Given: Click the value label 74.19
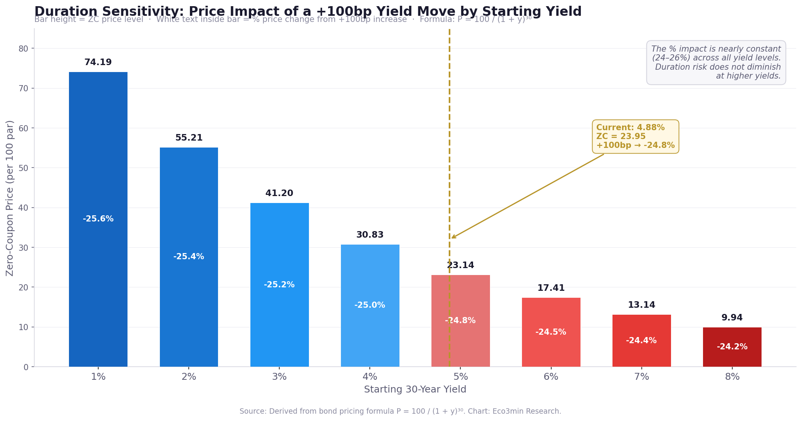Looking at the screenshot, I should [98, 62].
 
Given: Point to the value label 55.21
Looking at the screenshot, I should [189, 138].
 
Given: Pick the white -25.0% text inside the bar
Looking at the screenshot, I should [370, 305].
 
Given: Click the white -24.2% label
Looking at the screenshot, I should [732, 347].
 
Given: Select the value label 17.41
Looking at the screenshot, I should [551, 288].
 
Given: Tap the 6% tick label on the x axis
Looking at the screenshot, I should [551, 377].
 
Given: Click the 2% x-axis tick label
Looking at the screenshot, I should [189, 377].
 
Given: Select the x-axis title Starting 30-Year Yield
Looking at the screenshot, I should [415, 389].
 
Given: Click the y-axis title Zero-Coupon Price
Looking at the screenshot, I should [10, 198].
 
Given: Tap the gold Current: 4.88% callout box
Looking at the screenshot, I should [635, 137].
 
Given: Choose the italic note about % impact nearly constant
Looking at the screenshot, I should [716, 62].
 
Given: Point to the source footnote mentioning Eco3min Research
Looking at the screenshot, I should [400, 411].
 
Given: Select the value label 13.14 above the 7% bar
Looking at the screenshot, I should [641, 305].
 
